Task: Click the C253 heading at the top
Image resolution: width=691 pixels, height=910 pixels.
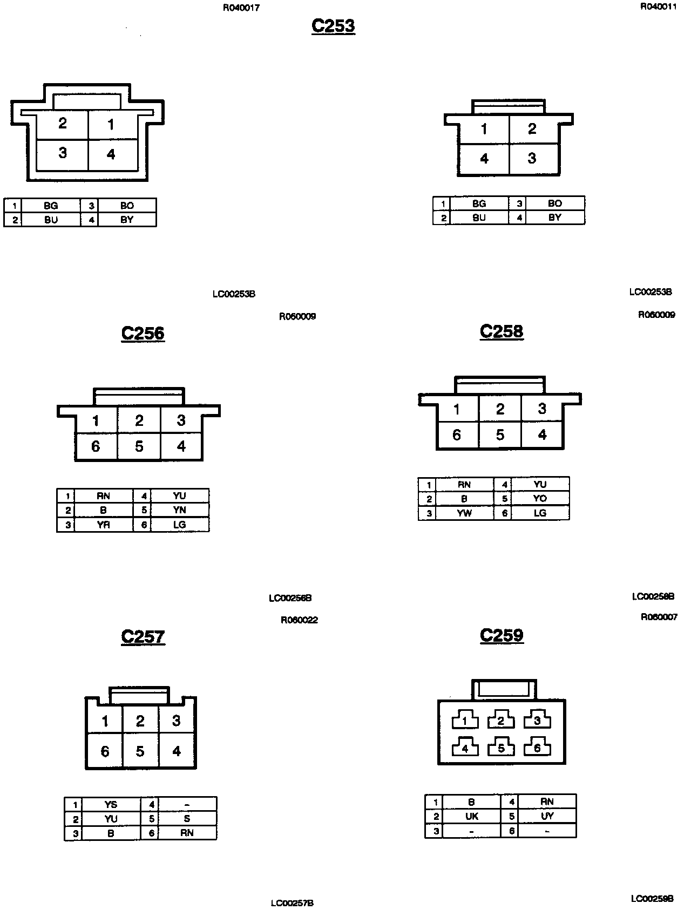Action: click(333, 26)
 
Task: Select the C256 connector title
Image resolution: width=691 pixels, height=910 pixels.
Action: click(143, 333)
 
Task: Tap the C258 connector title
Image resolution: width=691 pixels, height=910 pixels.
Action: click(502, 331)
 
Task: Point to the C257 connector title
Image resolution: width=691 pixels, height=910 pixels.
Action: click(143, 636)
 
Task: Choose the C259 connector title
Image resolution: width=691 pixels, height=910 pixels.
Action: click(502, 635)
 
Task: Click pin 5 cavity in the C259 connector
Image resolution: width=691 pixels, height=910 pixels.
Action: click(501, 749)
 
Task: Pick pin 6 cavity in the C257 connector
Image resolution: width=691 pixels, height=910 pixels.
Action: click(105, 751)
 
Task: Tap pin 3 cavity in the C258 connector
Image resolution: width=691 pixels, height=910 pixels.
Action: click(542, 409)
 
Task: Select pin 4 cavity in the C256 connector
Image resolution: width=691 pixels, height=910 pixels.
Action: click(181, 446)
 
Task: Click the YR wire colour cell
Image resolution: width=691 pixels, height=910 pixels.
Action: click(103, 525)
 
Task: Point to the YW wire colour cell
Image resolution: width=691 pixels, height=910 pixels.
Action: click(464, 513)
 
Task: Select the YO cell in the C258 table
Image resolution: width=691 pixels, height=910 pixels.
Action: click(540, 499)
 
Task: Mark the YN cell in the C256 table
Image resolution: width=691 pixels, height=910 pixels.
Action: click(179, 510)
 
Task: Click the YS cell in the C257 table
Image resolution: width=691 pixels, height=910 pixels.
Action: click(111, 804)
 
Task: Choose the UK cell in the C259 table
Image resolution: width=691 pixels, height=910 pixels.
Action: click(471, 817)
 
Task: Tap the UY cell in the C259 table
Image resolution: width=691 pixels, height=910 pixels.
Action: click(547, 816)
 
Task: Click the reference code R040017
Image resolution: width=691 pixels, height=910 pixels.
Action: click(241, 8)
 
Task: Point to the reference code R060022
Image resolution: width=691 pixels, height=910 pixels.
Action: click(299, 620)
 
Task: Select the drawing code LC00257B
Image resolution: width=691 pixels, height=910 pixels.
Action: click(292, 903)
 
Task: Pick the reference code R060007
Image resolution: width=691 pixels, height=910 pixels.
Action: click(659, 617)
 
